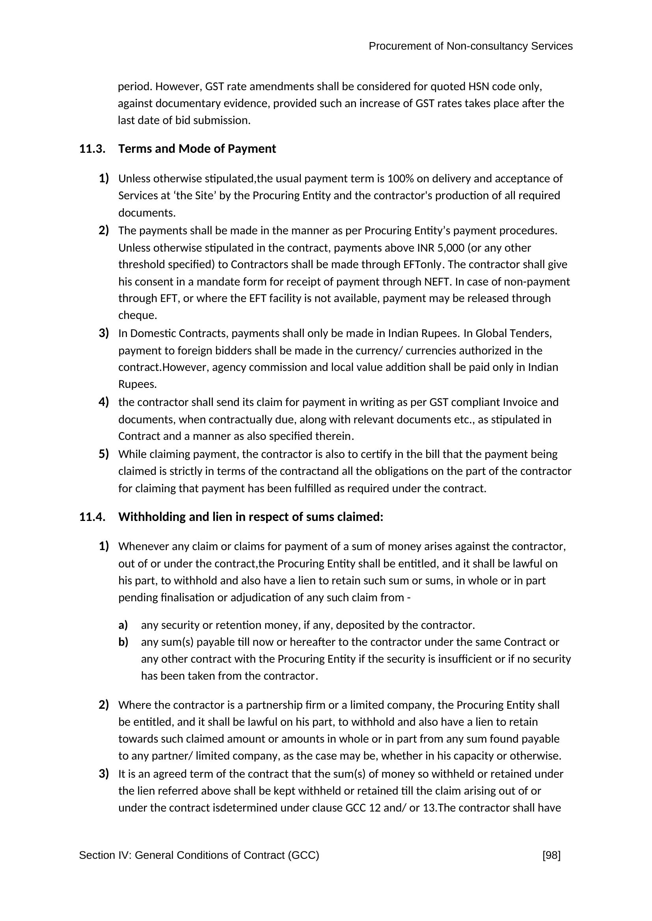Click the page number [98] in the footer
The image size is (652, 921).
point(551,855)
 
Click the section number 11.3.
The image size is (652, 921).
point(92,149)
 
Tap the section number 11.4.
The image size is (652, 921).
point(92,517)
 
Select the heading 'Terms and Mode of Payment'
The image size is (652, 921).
point(197,149)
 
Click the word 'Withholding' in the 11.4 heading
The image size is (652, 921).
point(152,517)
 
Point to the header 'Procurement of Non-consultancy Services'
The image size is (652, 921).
point(471,46)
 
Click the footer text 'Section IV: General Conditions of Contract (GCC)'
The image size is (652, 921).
point(199,855)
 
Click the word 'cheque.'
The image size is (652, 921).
point(137,316)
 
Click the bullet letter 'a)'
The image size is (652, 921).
point(123,625)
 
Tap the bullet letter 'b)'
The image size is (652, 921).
point(123,642)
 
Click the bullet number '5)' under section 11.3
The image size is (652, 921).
point(104,454)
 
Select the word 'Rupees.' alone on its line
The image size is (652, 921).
point(137,385)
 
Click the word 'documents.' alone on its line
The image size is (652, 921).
point(147,213)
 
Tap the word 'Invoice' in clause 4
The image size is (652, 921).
point(520,402)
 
